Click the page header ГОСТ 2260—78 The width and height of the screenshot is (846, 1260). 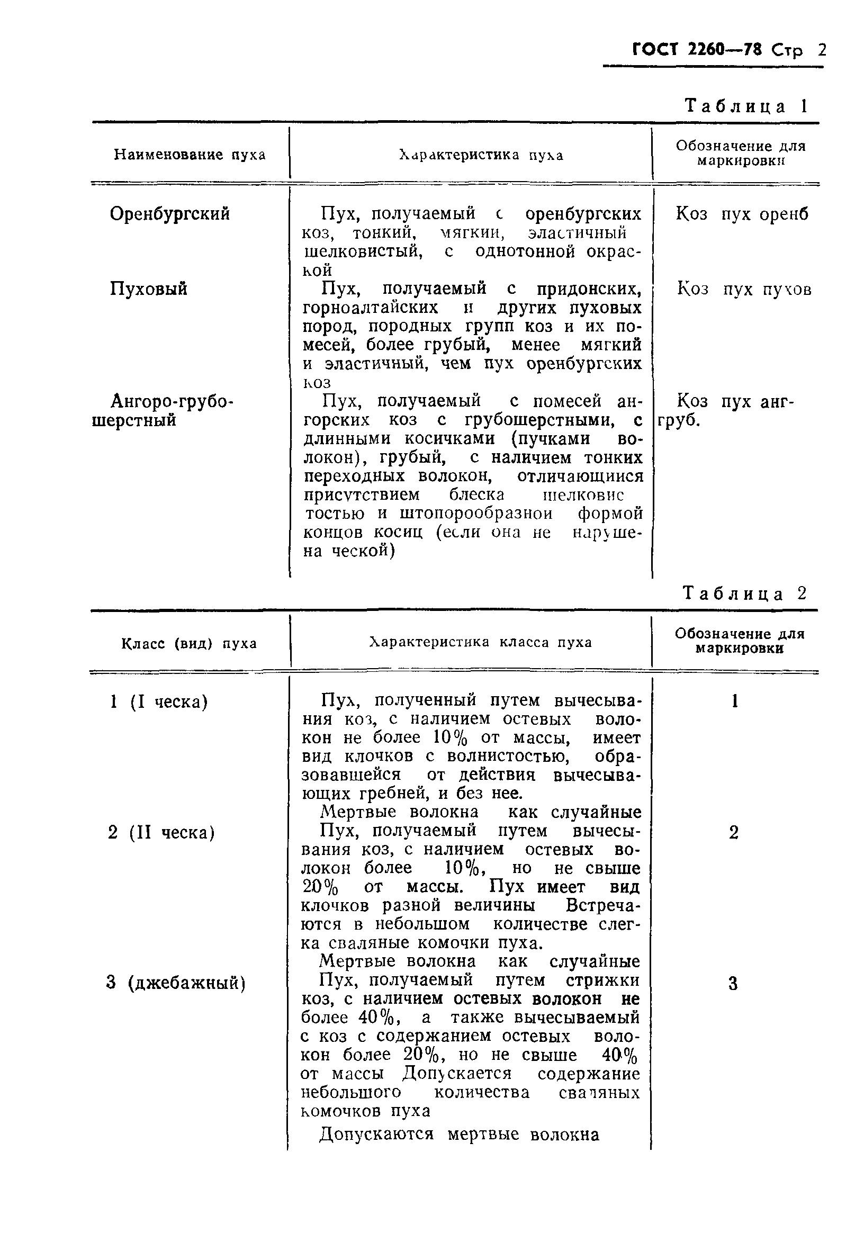click(697, 50)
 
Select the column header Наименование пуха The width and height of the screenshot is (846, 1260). click(190, 155)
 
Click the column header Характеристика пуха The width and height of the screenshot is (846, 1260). click(481, 155)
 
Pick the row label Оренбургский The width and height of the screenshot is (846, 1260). click(170, 214)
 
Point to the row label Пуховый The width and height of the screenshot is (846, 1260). click(149, 289)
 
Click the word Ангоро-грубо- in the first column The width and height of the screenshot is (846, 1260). click(172, 401)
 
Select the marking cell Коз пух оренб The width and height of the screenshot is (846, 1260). click(742, 214)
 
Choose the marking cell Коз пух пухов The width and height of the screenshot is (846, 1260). click(744, 290)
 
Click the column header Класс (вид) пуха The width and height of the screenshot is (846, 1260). click(189, 643)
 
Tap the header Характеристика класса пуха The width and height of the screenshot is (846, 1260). click(480, 642)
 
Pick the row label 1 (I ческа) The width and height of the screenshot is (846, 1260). click(159, 702)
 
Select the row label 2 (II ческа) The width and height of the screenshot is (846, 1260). click(161, 833)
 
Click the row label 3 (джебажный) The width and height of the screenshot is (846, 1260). click(176, 983)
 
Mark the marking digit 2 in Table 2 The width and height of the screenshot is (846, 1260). click(734, 832)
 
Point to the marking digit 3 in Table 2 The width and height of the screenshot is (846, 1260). click(733, 984)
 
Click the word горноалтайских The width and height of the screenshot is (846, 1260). click(370, 308)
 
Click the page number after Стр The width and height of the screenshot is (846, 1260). click(822, 50)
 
